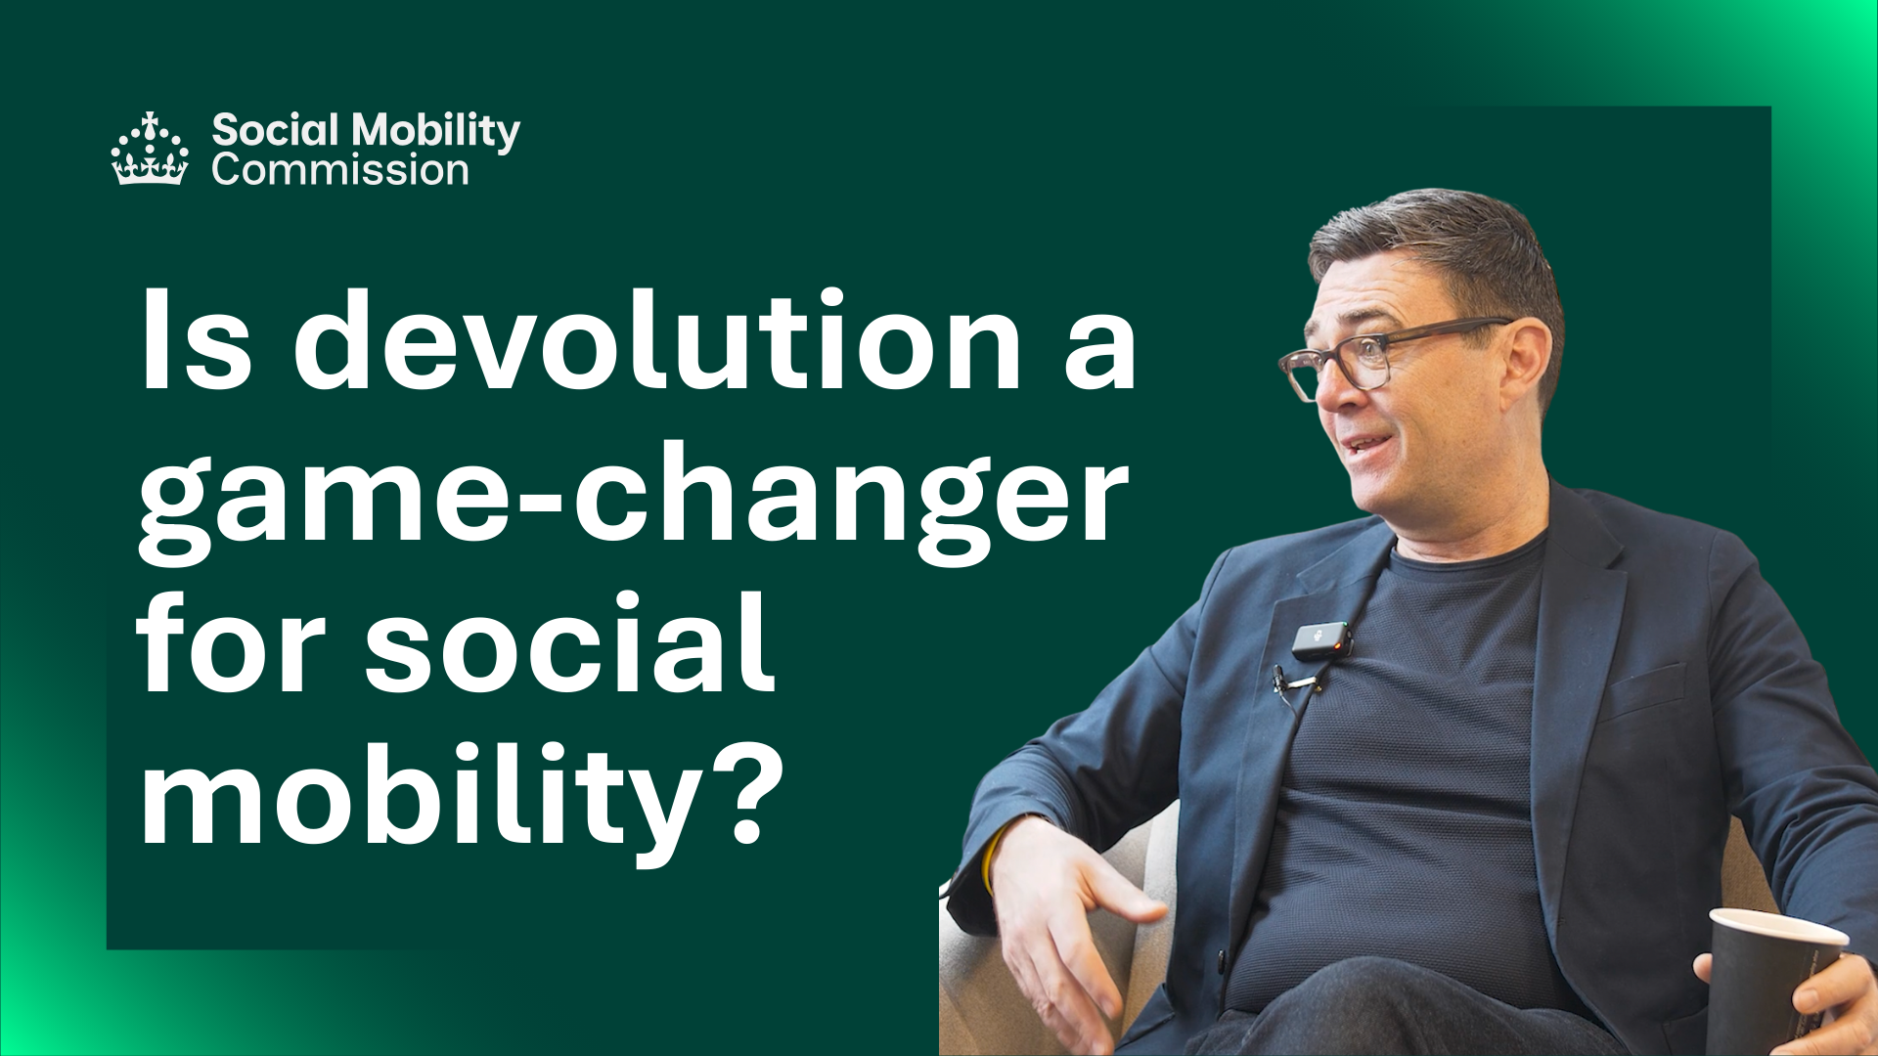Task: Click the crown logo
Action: [150, 149]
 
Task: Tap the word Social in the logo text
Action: [276, 129]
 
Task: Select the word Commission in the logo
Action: [340, 170]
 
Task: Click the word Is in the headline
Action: [197, 339]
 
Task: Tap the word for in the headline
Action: [231, 641]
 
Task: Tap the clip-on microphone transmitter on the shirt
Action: [1322, 640]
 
